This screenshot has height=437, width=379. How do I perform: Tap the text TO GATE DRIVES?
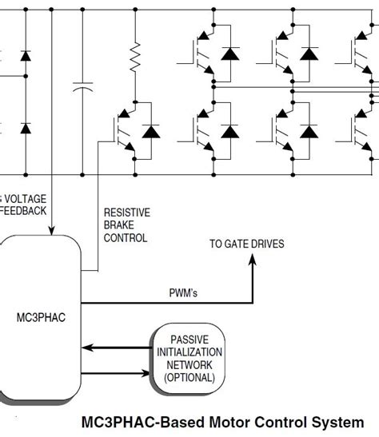pos(246,244)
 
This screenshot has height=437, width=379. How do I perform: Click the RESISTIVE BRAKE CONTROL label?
pos(126,225)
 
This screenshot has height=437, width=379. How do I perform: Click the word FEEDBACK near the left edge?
pos(23,211)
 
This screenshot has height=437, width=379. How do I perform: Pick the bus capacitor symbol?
pos(82,89)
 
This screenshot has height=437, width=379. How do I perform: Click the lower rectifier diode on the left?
pos(25,128)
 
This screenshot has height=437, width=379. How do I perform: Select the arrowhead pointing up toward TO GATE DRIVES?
pos(254,264)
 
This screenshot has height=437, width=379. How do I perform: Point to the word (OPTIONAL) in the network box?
pos(189,377)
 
